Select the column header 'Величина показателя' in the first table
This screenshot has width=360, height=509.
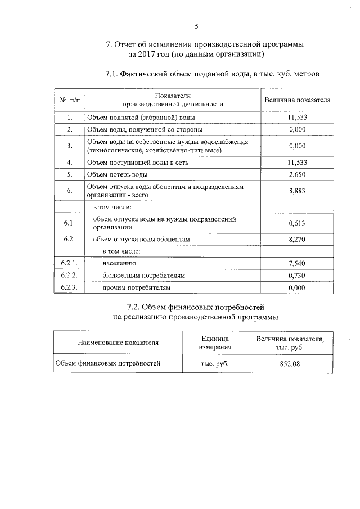(x=296, y=100)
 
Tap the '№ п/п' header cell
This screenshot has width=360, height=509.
(x=69, y=100)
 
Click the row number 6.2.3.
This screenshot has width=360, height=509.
(x=69, y=287)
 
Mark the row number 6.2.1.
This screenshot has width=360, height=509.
(x=69, y=263)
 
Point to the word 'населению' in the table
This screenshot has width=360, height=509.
(x=119, y=263)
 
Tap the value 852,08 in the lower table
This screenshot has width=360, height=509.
(x=290, y=364)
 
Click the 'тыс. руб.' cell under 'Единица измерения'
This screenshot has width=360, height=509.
(x=214, y=364)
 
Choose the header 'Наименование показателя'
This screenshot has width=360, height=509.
(x=118, y=342)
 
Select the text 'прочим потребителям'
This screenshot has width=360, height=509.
(x=136, y=287)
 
